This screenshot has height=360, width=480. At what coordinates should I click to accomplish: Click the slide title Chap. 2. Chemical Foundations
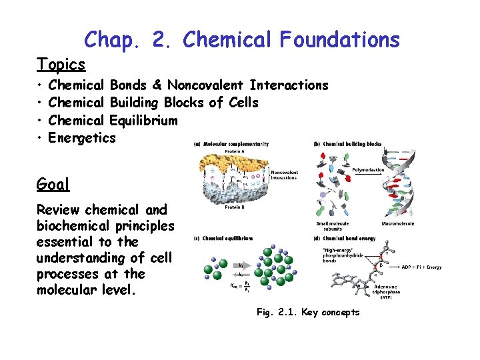[242, 39]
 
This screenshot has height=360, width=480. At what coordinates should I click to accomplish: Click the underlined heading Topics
[61, 65]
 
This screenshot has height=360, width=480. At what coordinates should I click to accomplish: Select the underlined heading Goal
[53, 184]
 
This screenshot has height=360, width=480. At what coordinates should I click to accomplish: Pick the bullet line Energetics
[83, 138]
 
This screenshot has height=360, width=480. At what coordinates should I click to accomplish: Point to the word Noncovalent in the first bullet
[206, 85]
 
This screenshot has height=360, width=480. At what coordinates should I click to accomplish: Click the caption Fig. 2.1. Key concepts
[307, 313]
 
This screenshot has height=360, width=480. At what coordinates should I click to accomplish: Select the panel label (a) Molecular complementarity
[231, 144]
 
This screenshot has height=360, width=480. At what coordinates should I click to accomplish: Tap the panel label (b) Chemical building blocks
[347, 144]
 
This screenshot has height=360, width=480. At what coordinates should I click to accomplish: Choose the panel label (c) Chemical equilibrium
[223, 238]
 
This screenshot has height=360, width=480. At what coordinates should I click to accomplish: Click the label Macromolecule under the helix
[397, 224]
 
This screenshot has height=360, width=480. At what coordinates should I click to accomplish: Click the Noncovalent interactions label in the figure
[285, 174]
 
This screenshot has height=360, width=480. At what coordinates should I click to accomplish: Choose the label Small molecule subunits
[333, 226]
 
